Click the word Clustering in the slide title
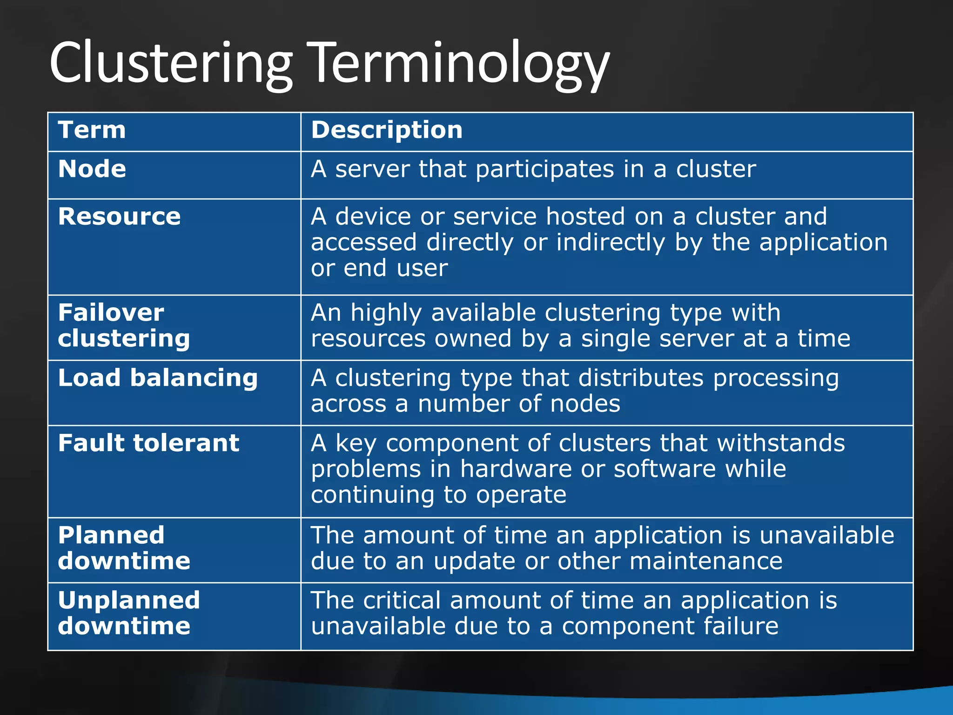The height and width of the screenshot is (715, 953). (x=170, y=63)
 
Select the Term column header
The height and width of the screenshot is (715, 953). (x=92, y=130)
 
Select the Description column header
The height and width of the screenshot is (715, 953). (x=387, y=130)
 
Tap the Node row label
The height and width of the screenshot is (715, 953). (x=92, y=169)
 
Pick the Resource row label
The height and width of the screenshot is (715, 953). (x=119, y=217)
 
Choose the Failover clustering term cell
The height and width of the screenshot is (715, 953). (x=124, y=325)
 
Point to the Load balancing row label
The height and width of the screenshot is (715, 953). (x=158, y=378)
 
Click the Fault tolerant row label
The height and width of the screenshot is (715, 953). (x=148, y=443)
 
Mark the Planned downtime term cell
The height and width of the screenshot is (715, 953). (x=124, y=548)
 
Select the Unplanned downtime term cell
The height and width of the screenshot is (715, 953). (x=129, y=613)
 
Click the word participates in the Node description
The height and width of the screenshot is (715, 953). (x=544, y=169)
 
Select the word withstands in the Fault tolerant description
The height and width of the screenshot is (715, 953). (x=781, y=443)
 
